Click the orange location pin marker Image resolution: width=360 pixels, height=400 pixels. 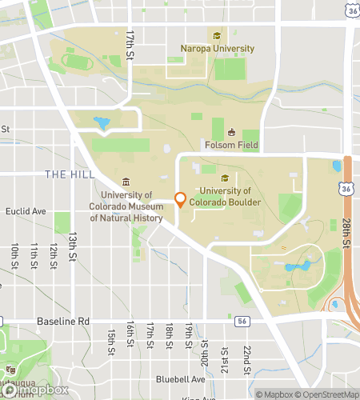pos(180,199)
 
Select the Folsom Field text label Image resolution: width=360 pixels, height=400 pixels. pos(231,145)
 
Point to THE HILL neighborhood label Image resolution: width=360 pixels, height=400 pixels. pos(70,174)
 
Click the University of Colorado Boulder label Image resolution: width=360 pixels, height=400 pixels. pos(231,196)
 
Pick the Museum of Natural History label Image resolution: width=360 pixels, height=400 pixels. pos(126,206)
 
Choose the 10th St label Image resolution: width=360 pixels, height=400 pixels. pos(14,256)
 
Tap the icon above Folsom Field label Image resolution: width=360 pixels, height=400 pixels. pos(231,132)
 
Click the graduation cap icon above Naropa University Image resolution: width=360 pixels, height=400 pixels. pos(216,35)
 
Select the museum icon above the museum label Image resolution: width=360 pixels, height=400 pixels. pos(126,182)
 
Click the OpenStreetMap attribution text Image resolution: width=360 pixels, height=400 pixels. pos(326,394)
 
